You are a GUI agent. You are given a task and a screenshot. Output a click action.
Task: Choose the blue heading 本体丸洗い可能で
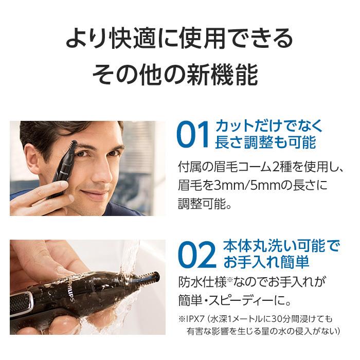282,245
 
